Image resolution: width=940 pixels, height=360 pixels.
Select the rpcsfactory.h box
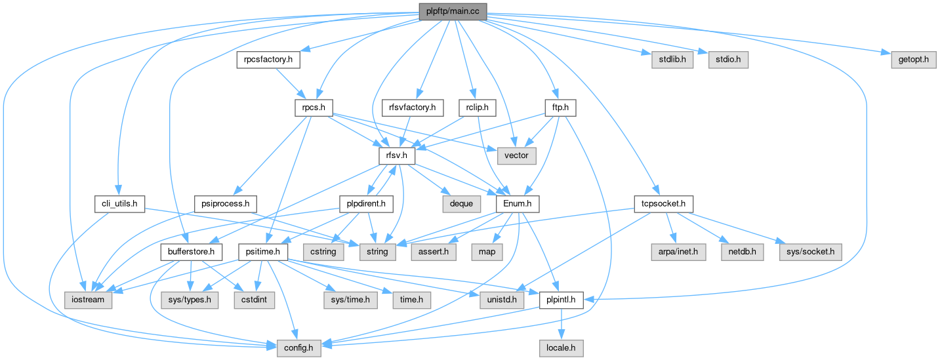[268, 60]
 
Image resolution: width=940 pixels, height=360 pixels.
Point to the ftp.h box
[560, 106]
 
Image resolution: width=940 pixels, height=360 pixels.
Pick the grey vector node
[517, 155]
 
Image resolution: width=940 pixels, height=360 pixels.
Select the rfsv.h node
[393, 155]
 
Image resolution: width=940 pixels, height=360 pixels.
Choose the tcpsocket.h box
[664, 204]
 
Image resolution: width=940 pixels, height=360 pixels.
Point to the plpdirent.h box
[365, 204]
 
